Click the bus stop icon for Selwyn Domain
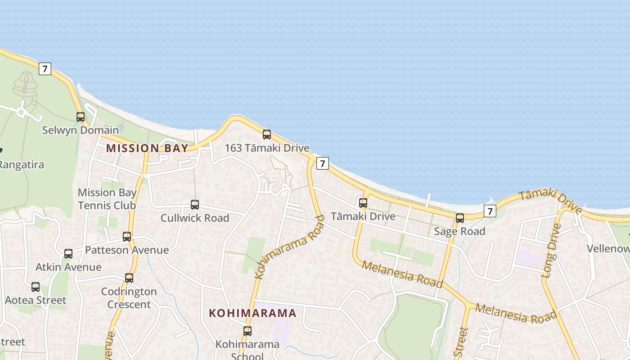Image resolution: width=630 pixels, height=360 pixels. [81, 117]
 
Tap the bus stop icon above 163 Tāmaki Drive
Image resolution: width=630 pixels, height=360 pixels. [267, 135]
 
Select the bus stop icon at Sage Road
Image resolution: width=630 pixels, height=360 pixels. [460, 218]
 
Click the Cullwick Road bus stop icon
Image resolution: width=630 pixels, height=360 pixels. [195, 205]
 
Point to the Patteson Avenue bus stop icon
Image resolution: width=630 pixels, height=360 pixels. [127, 237]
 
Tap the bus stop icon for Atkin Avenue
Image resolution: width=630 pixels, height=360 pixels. [68, 254]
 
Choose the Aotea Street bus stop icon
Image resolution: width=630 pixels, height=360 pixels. [36, 287]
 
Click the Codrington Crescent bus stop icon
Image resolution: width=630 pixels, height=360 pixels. [129, 278]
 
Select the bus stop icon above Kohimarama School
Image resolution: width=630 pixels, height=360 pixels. [247, 331]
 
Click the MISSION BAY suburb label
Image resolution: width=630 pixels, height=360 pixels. [147, 148]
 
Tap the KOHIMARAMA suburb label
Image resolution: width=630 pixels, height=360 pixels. [253, 313]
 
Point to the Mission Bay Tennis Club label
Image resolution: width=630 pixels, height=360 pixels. [107, 199]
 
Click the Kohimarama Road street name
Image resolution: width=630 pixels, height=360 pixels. [290, 247]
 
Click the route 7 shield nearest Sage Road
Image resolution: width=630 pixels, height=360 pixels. [490, 211]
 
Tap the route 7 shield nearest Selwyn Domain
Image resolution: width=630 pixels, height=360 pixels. [45, 69]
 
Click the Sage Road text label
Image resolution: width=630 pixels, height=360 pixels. [460, 231]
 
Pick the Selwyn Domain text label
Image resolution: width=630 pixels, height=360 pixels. [81, 130]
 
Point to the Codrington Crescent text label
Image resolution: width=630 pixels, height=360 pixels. [129, 298]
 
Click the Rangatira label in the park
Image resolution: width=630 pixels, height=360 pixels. [22, 165]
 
